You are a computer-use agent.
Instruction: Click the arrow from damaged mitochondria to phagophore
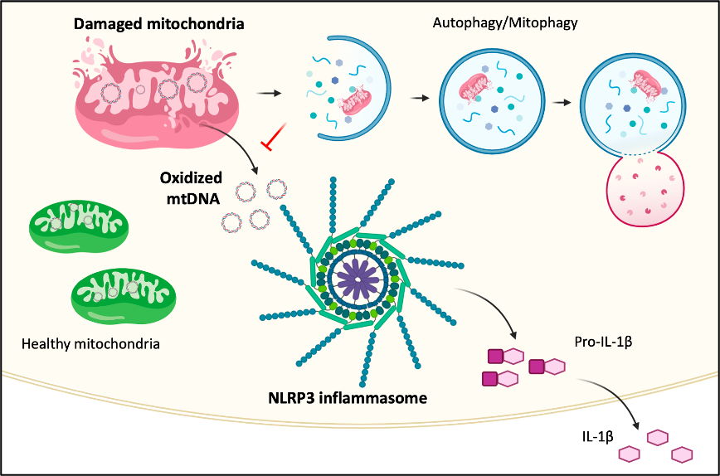tap(266, 93)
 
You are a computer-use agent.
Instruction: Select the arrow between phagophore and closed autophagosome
tap(420, 97)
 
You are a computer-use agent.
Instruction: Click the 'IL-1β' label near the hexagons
tap(597, 435)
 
